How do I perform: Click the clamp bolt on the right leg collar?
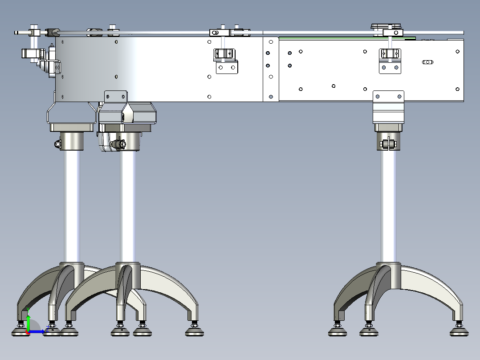coord(388,144)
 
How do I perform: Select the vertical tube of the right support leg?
coord(388,205)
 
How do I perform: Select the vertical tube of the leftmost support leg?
coord(72,205)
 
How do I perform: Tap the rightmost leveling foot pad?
coord(459,331)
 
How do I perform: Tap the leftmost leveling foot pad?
coord(20,331)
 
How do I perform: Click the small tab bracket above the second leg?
coord(116,96)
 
